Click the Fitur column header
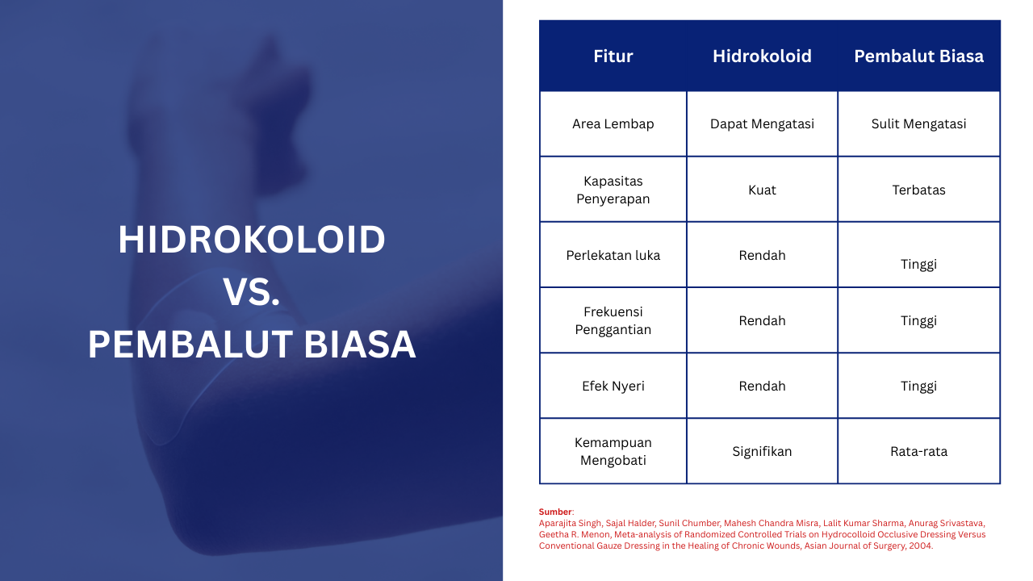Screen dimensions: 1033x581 [613, 56]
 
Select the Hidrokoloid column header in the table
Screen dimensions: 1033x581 [762, 56]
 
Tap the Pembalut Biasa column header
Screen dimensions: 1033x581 [918, 56]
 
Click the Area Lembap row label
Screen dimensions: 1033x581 [613, 124]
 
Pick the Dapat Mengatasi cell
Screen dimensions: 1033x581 [762, 124]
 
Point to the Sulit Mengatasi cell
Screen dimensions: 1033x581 [918, 124]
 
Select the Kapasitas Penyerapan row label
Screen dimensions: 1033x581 [613, 190]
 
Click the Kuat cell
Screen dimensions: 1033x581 [762, 190]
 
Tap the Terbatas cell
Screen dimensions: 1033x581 [918, 190]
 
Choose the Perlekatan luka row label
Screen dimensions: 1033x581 [613, 256]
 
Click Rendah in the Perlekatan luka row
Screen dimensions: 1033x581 [762, 256]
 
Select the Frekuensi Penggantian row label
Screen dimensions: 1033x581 [613, 320]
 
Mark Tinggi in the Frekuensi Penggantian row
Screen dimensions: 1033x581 [918, 321]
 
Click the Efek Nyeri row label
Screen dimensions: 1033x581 [613, 386]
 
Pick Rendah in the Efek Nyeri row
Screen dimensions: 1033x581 [762, 386]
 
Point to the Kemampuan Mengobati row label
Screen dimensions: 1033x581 [613, 451]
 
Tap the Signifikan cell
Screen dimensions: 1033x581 [762, 451]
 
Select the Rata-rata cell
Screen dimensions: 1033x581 [918, 451]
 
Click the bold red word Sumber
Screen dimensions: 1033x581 [555, 512]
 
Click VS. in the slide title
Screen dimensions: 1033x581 [252, 292]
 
